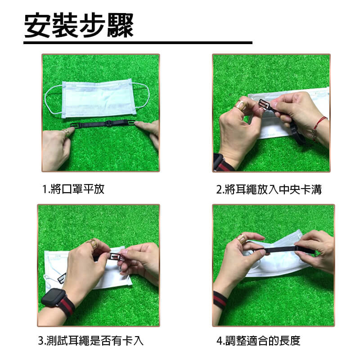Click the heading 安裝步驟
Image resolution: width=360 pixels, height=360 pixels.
(79, 25)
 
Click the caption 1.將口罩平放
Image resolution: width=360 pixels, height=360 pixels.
(73, 189)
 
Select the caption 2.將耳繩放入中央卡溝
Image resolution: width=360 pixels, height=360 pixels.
(269, 189)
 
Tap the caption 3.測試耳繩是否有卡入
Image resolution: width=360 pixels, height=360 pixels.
(91, 341)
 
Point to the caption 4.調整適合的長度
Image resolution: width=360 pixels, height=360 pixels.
(258, 341)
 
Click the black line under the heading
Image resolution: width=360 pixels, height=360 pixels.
(138, 43)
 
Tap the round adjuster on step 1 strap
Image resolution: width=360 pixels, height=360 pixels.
(108, 123)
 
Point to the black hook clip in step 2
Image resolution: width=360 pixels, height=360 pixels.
(265, 106)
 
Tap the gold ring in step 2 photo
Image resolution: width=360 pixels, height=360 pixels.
(240, 105)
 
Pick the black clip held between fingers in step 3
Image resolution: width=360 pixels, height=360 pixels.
(116, 256)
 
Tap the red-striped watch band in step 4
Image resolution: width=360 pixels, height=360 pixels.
(220, 301)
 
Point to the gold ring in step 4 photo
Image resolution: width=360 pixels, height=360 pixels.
(242, 239)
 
